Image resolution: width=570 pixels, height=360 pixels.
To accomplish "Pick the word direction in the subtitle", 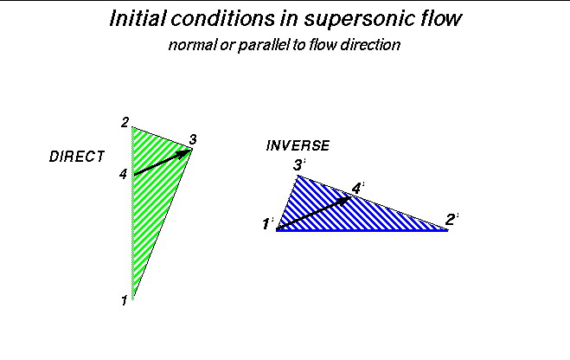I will tap(370, 45).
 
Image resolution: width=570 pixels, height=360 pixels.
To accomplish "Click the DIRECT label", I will tap(77, 157).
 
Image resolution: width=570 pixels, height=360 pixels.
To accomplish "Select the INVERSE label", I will tap(298, 145).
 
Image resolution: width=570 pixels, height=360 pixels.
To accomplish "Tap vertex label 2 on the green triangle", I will tap(125, 122).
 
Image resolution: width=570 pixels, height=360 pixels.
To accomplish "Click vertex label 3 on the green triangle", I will tap(193, 138).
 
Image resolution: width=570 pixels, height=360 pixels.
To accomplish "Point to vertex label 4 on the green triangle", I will tap(124, 174).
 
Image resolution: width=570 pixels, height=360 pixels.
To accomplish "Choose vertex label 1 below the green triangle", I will tap(125, 300).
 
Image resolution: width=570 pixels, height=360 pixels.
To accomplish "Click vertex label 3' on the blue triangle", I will tap(299, 165).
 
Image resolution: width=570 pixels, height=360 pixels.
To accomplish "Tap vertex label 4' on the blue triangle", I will tap(358, 187).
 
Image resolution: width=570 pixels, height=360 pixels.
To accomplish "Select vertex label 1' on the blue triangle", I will tap(267, 224).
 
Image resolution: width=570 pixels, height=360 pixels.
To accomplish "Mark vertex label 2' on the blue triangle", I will tap(452, 220).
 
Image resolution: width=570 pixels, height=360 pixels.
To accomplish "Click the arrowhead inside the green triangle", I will tap(184, 153).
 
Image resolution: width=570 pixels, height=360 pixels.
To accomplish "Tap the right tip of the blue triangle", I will tap(447, 230).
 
